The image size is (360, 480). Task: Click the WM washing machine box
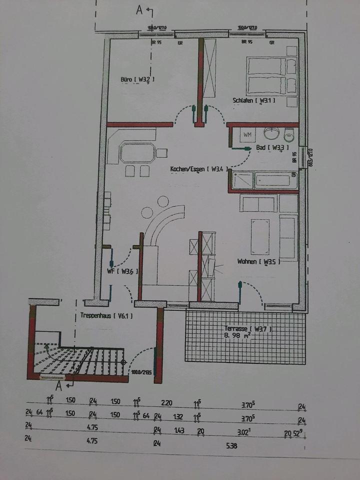click(247, 134)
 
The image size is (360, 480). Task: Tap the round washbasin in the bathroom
click(271, 133)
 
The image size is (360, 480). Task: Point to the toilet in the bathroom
click(289, 134)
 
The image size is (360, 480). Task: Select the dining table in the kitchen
click(136, 153)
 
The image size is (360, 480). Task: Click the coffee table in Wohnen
click(260, 234)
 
